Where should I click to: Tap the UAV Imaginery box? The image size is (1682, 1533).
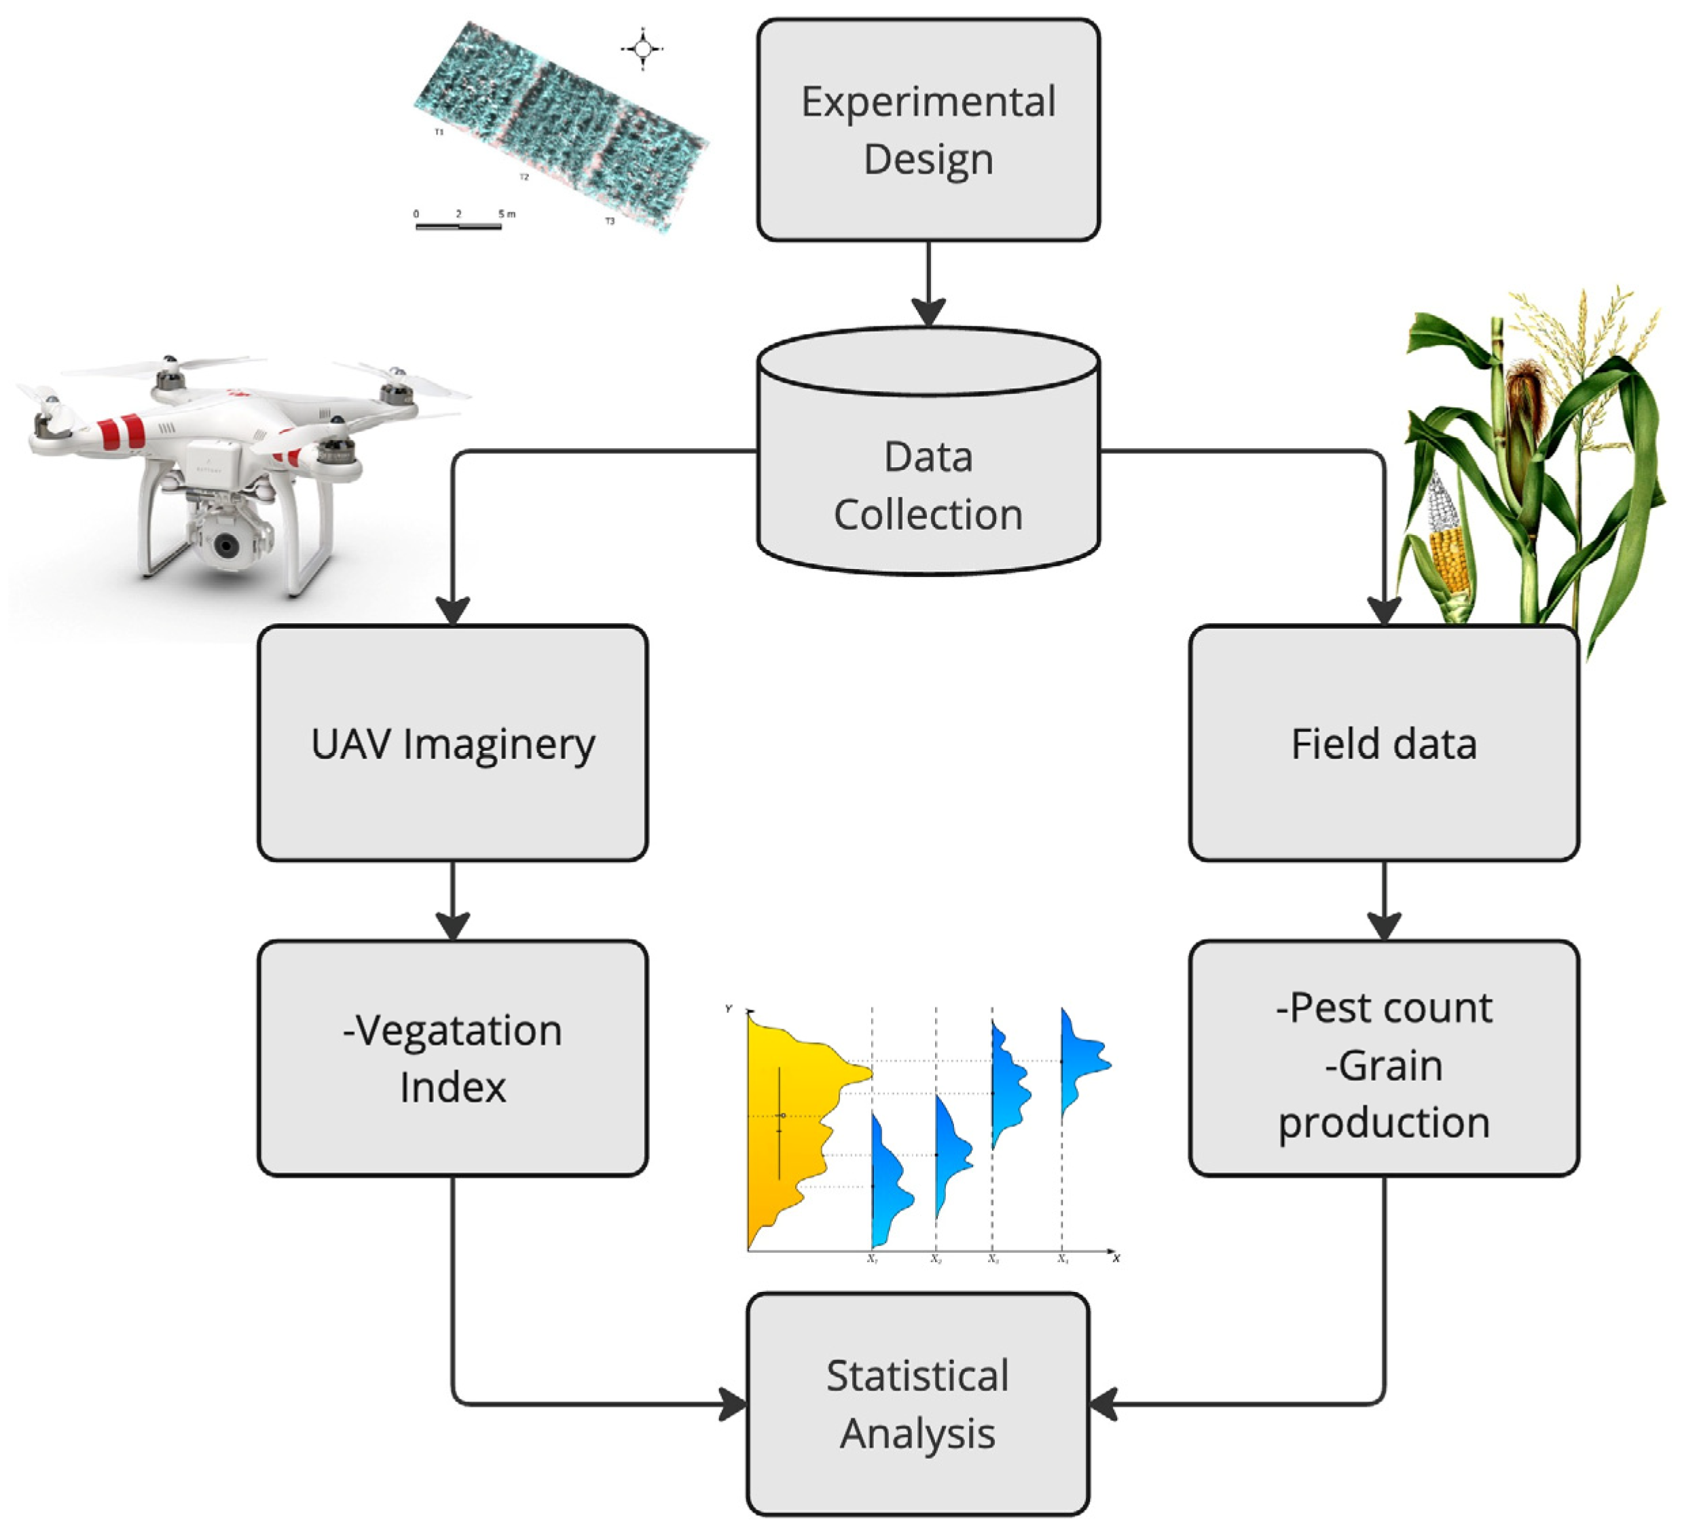452,742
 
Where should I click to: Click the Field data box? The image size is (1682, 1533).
1383,742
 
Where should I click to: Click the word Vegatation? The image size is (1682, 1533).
452,1030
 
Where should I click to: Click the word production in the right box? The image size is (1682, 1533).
1383,1122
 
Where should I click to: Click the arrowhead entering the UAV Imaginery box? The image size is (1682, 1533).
452,610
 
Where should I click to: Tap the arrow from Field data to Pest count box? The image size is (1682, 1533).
1383,901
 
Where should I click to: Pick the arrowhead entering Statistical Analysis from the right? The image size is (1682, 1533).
1103,1405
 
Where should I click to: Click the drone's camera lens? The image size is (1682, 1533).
226,547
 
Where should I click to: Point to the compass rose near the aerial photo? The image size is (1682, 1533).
642,49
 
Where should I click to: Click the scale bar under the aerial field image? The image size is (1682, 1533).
458,226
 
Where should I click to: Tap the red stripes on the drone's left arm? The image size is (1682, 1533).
122,431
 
